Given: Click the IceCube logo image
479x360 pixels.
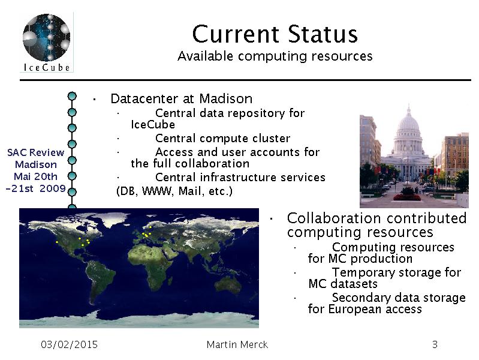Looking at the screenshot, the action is point(46,42).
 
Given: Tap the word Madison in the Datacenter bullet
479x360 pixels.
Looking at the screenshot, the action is point(226,98).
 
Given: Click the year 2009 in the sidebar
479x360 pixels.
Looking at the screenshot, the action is point(53,188).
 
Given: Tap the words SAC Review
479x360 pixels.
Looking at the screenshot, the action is point(36,152).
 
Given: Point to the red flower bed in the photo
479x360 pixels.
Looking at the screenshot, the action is point(407,197).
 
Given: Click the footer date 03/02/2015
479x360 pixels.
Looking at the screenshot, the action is point(69,345).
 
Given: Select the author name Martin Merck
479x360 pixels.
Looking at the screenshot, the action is point(237,345).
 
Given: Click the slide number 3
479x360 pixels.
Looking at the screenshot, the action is point(435,345).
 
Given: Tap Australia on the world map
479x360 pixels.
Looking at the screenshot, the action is point(227,285).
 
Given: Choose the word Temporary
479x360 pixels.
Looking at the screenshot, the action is point(363,273).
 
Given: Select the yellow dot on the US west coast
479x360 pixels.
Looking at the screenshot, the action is point(57,242).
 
